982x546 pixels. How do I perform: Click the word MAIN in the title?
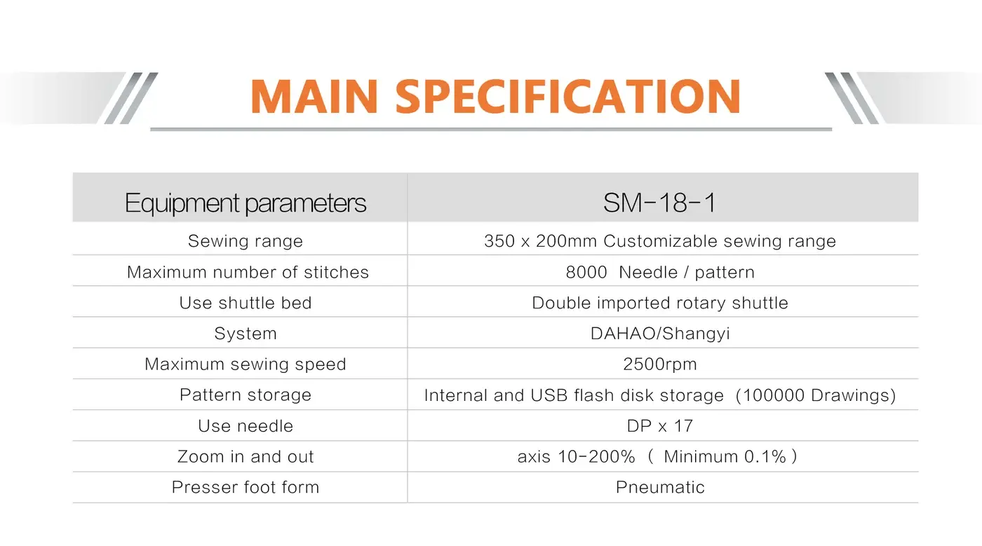point(314,97)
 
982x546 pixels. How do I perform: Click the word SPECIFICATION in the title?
point(568,97)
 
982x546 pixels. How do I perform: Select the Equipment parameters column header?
point(245,203)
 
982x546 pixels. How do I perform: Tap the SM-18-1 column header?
point(659,203)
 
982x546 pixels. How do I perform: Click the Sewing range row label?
point(245,241)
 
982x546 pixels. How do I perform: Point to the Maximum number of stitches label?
point(248,272)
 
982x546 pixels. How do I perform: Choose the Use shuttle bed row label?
point(245,303)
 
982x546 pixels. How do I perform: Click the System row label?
point(245,334)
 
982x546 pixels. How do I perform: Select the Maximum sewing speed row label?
point(245,364)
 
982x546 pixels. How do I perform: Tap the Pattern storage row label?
point(245,395)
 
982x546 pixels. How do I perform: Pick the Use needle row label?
point(245,426)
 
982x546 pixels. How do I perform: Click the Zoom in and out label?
point(245,456)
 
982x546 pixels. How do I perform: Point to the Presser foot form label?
point(245,487)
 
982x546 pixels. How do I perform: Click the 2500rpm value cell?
point(660,364)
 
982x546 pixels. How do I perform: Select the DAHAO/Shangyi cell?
point(660,334)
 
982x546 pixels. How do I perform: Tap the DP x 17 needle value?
point(660,426)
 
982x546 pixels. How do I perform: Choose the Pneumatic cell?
point(660,487)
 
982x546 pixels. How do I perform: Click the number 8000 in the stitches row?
point(586,272)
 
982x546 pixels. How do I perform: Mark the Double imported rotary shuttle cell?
point(660,303)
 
